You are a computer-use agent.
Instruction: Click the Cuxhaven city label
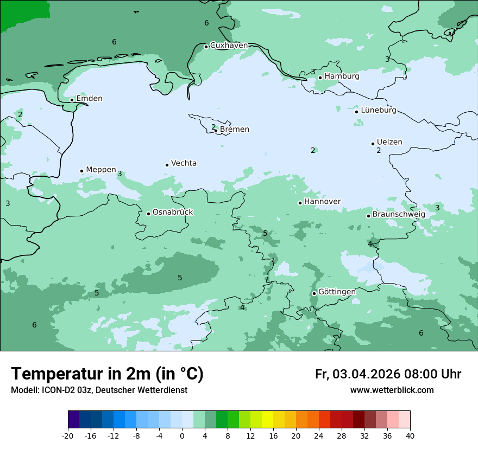(229, 46)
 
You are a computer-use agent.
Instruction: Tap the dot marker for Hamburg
(320, 78)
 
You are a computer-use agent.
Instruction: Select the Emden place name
(89, 99)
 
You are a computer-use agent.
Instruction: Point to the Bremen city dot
(216, 131)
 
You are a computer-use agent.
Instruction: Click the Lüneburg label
(379, 111)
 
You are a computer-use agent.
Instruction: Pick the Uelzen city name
(389, 143)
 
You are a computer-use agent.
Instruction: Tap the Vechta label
(184, 163)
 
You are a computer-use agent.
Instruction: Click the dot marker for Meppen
(82, 171)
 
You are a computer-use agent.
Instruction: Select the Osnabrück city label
(173, 213)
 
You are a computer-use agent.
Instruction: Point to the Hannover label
(322, 202)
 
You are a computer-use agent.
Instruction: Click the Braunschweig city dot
(368, 216)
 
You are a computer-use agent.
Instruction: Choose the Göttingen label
(337, 292)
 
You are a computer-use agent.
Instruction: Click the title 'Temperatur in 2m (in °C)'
(107, 374)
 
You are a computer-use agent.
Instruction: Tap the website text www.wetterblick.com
(392, 390)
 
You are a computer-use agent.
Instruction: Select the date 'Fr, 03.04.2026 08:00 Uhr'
(388, 374)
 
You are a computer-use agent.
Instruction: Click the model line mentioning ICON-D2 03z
(99, 390)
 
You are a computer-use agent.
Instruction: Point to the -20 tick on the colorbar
(68, 436)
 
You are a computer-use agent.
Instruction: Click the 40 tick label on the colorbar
(410, 436)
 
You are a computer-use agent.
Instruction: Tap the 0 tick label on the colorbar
(182, 436)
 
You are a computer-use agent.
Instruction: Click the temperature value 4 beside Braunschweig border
(370, 244)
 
